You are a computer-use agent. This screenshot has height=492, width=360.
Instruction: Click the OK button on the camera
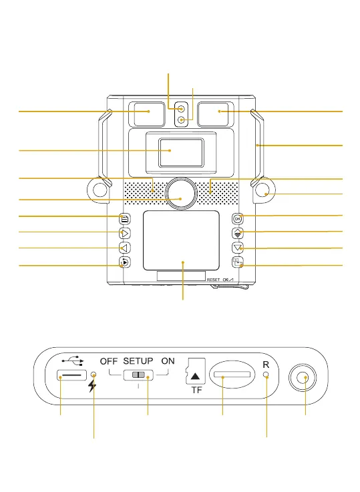238,219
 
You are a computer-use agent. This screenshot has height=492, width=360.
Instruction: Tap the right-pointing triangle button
125,234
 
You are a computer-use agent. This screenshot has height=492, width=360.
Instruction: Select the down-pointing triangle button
238,248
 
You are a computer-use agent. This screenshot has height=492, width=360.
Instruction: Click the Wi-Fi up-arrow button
238,233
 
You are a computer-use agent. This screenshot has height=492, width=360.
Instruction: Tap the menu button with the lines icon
125,219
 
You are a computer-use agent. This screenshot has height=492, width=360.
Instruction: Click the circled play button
125,262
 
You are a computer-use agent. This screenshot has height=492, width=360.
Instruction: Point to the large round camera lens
181,194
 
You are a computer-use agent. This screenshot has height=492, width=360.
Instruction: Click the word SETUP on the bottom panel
138,361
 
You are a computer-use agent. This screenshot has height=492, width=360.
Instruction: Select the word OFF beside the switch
109,361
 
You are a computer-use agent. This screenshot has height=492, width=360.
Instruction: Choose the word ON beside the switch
168,361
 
